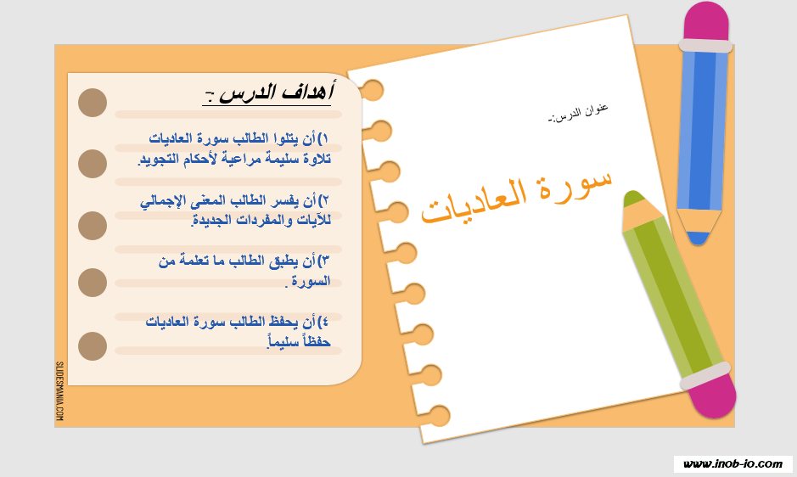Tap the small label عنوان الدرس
tap(578, 113)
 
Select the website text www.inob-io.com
tap(732, 463)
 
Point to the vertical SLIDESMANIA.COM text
tap(59, 391)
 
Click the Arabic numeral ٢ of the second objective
tap(325, 201)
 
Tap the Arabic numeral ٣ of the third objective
tap(325, 261)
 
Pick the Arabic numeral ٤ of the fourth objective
tap(325, 323)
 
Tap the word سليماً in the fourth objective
tap(283, 341)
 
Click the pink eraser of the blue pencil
tap(706, 23)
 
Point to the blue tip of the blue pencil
tap(698, 238)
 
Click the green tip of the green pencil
tap(633, 199)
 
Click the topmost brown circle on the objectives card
tap(93, 103)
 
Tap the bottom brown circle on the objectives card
tap(93, 346)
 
